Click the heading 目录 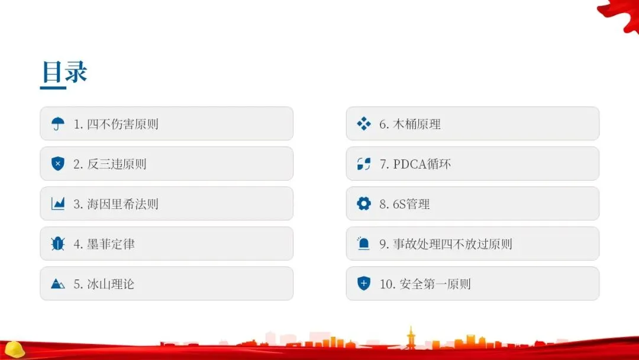point(64,72)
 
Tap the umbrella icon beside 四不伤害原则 point(57,124)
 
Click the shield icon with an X point(57,164)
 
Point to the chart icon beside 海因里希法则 point(57,204)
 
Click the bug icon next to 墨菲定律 point(57,244)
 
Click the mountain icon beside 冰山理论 point(57,284)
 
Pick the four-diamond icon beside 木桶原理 point(363,124)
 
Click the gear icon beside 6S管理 point(363,204)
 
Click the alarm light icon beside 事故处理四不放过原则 point(363,244)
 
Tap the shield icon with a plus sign point(363,284)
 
